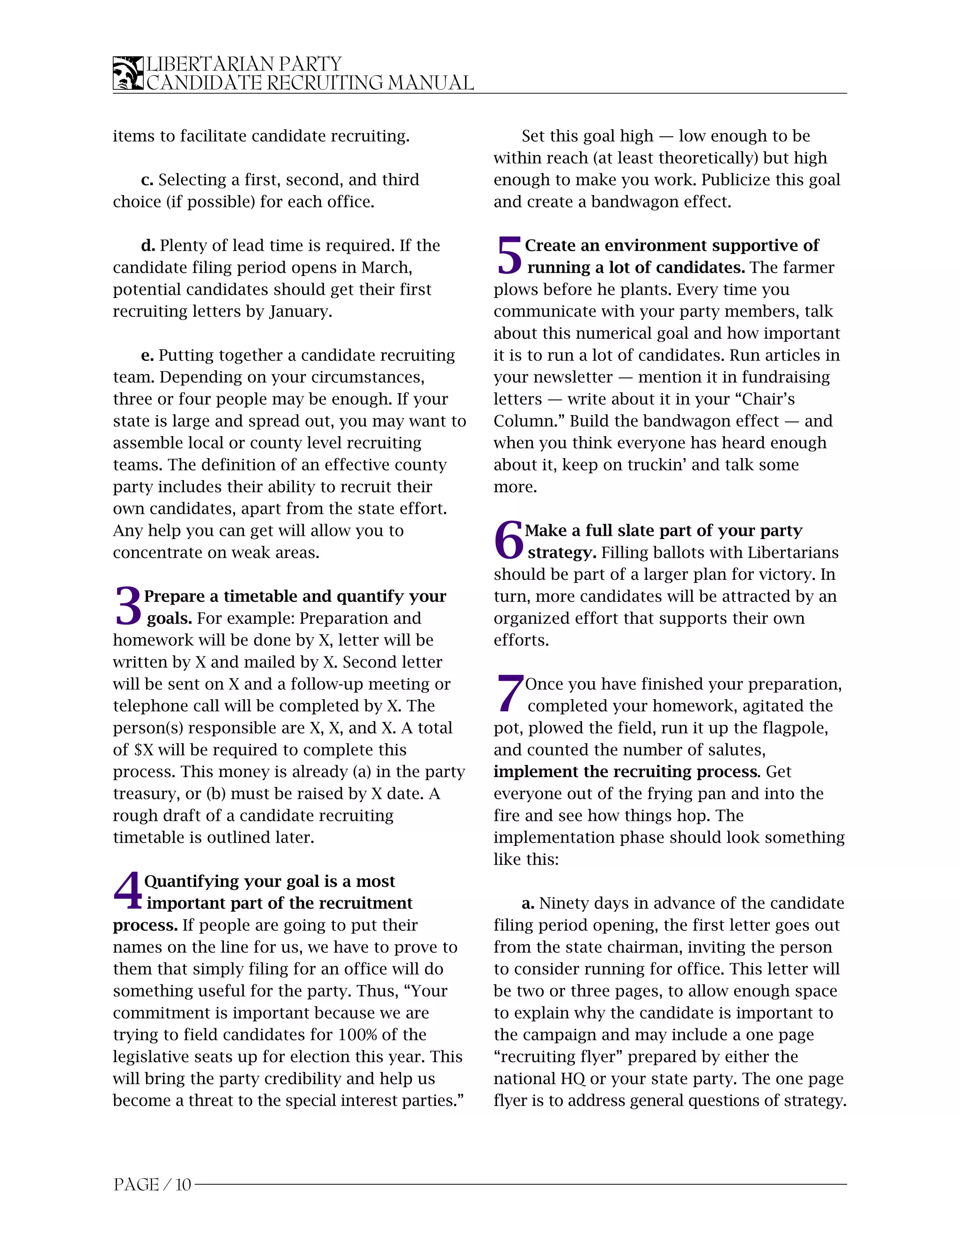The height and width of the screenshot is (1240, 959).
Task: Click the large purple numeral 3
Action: click(128, 606)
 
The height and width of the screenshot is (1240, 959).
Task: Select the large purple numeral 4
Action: click(128, 891)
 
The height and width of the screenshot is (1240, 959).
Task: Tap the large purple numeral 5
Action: click(509, 255)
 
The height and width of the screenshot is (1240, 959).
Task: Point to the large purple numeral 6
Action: click(509, 540)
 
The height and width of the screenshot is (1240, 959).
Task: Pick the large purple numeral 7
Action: click(509, 694)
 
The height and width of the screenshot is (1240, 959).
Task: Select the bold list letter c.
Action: click(147, 181)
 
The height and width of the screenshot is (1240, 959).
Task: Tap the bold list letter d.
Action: click(148, 246)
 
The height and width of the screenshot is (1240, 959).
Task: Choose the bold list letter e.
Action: click(147, 356)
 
